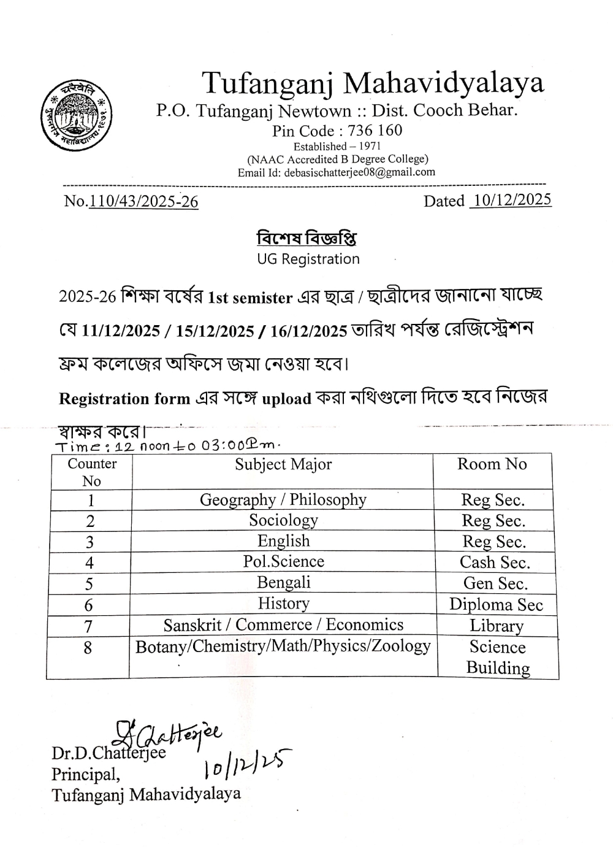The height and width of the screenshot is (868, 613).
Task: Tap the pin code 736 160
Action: coord(375,130)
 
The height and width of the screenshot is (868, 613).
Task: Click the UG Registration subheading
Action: coord(308,259)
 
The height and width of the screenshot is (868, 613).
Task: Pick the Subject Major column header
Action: coord(283,464)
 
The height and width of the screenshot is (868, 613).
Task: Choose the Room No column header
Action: coord(492,464)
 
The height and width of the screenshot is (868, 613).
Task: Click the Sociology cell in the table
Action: coord(283,520)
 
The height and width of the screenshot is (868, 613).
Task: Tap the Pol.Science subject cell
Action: coord(283,561)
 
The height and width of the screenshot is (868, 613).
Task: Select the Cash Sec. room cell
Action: coord(495,563)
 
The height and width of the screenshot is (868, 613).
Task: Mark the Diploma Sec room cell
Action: coord(496,605)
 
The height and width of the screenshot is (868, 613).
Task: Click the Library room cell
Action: coord(497,626)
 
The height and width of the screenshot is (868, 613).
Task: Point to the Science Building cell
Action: coord(498,657)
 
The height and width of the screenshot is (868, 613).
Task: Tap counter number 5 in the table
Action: coord(89,584)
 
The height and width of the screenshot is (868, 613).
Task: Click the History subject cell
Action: coord(283,604)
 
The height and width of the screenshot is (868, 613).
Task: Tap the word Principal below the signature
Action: coord(86,774)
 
